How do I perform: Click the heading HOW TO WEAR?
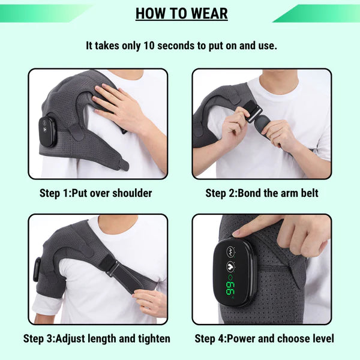click(x=181, y=13)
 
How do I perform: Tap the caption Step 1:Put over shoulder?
click(x=97, y=193)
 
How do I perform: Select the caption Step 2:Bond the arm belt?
click(x=262, y=193)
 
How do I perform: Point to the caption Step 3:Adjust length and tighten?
click(x=97, y=338)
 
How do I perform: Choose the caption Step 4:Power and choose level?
click(x=262, y=338)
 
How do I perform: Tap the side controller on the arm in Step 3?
click(x=37, y=269)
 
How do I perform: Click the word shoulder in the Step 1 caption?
click(x=130, y=193)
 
